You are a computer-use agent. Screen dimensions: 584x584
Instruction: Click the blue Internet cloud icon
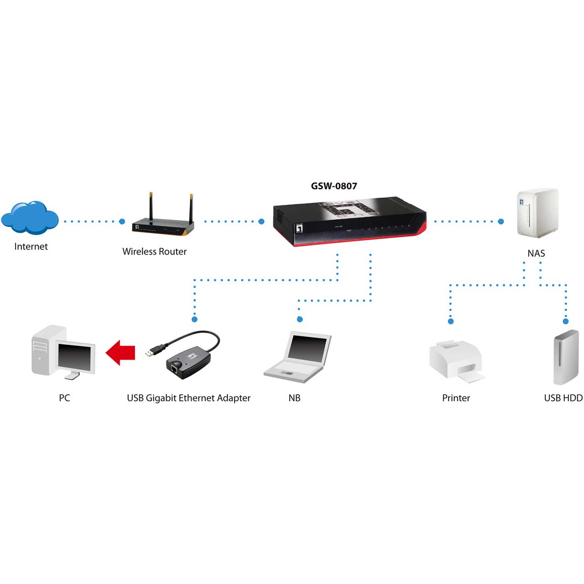(30, 217)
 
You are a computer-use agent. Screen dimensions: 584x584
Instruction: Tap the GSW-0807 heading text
(334, 186)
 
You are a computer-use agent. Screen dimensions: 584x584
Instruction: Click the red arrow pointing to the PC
(120, 353)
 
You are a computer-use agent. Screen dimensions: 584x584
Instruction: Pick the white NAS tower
(537, 213)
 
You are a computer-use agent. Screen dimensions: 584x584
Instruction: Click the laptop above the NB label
(297, 357)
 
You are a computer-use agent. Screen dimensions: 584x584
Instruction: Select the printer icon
(456, 361)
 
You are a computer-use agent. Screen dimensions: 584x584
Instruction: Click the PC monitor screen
(74, 358)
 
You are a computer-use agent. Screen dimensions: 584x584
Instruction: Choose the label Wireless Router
(155, 251)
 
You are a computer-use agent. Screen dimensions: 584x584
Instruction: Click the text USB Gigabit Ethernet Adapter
(189, 398)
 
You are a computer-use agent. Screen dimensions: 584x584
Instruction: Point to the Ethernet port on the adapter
(174, 368)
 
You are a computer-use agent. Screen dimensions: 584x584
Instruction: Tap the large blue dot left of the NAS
(501, 222)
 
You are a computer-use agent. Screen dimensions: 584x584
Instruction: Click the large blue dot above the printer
(451, 321)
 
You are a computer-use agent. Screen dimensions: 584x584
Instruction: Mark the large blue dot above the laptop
(300, 319)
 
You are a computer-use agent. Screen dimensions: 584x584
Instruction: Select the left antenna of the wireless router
(151, 206)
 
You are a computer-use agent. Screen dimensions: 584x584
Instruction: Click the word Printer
(456, 398)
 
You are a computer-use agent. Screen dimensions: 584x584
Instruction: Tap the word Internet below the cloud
(31, 246)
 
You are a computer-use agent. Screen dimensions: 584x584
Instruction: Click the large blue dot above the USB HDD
(565, 321)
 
